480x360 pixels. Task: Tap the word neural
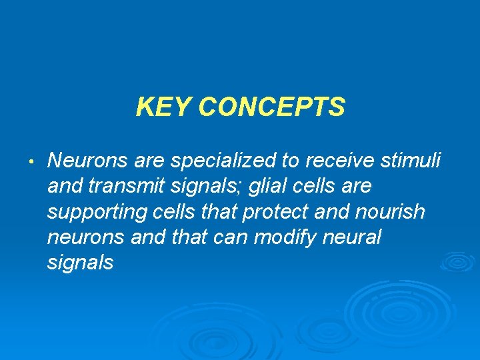(355, 237)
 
